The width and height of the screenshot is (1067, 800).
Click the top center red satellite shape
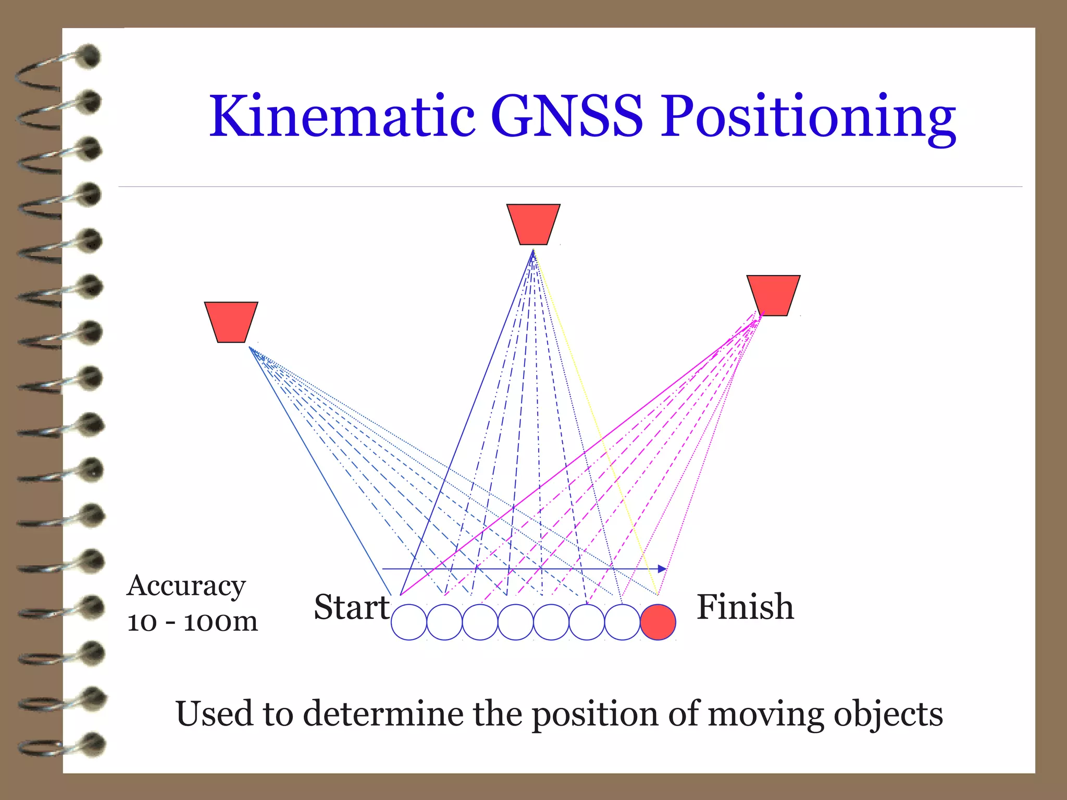pos(533,224)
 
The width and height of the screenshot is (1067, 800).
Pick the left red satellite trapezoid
pos(231,321)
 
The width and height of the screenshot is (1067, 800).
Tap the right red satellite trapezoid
pos(773,295)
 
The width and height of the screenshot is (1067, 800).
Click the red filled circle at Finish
pos(657,622)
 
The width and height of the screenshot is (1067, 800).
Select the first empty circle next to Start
pos(409,622)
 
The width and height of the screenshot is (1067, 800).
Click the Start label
pos(352,607)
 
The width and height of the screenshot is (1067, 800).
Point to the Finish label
pos(745,607)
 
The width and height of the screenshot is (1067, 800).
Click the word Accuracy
pos(186,586)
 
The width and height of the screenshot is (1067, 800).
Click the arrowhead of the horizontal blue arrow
pos(663,569)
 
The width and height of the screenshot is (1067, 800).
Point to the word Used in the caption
pos(215,714)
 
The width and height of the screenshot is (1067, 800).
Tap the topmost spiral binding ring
pos(57,68)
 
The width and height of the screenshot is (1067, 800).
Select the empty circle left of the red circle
pos(622,622)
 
